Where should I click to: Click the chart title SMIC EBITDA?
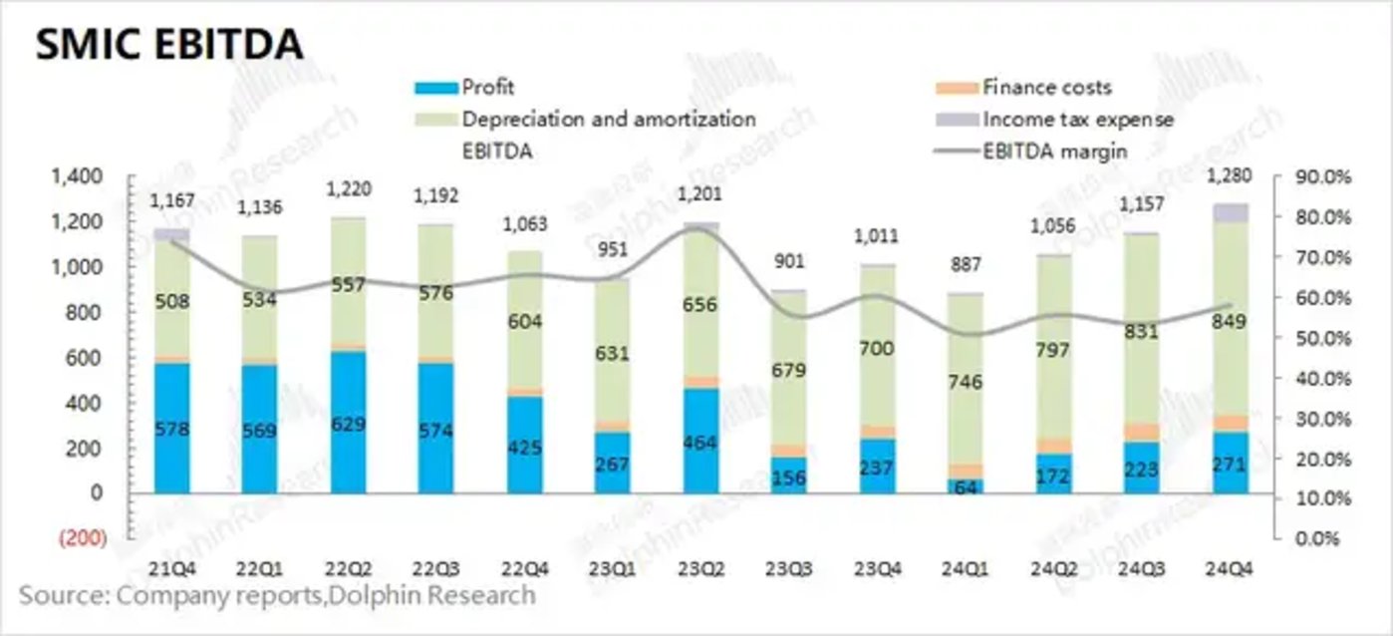click(168, 44)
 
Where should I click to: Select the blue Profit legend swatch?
click(436, 88)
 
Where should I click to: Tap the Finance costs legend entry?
click(1046, 88)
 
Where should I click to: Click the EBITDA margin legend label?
click(1055, 152)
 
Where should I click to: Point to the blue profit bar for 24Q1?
click(964, 485)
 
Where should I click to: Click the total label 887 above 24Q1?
click(965, 265)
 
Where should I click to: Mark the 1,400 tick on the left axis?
click(76, 177)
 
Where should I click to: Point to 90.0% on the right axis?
click(1323, 177)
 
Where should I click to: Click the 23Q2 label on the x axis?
click(700, 569)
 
